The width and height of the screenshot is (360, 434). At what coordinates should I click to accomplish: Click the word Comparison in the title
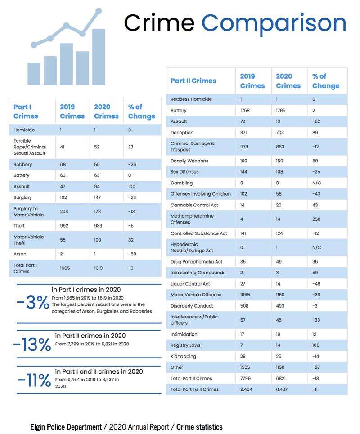[x=274, y=24]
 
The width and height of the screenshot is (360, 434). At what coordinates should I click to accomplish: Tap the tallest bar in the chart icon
[x=99, y=57]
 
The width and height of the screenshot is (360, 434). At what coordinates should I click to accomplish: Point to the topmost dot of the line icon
[x=99, y=11]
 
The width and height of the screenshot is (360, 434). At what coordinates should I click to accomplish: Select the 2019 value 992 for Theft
[x=64, y=226]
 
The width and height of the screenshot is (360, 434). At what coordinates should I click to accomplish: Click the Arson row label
[x=20, y=254]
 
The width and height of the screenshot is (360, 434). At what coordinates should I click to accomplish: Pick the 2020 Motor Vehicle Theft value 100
[x=98, y=240]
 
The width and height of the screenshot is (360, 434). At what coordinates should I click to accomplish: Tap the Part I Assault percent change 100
[x=131, y=187]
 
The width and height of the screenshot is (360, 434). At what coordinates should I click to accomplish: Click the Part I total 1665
[x=65, y=268]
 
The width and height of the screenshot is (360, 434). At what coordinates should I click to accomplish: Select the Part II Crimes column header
[x=193, y=81]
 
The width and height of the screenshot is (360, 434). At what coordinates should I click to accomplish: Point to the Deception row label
[x=182, y=133]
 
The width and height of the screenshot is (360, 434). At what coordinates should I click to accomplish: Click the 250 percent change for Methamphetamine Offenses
[x=316, y=219]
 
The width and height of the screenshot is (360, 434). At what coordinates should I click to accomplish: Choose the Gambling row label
[x=182, y=183]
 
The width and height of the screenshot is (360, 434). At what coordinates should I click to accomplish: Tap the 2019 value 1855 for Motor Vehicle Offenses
[x=245, y=295]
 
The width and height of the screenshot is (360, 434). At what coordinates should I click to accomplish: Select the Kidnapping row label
[x=183, y=357]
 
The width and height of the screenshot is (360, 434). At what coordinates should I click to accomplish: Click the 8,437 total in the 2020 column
[x=282, y=389]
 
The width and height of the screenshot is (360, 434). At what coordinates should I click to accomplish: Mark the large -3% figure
[x=33, y=302]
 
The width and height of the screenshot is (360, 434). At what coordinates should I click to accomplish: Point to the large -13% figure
[x=32, y=345]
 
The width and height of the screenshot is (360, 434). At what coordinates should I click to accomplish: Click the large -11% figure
[x=34, y=380]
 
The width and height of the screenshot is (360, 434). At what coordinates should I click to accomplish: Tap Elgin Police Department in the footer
[x=66, y=427]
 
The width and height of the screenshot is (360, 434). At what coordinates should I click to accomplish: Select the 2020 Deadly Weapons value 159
[x=279, y=161]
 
